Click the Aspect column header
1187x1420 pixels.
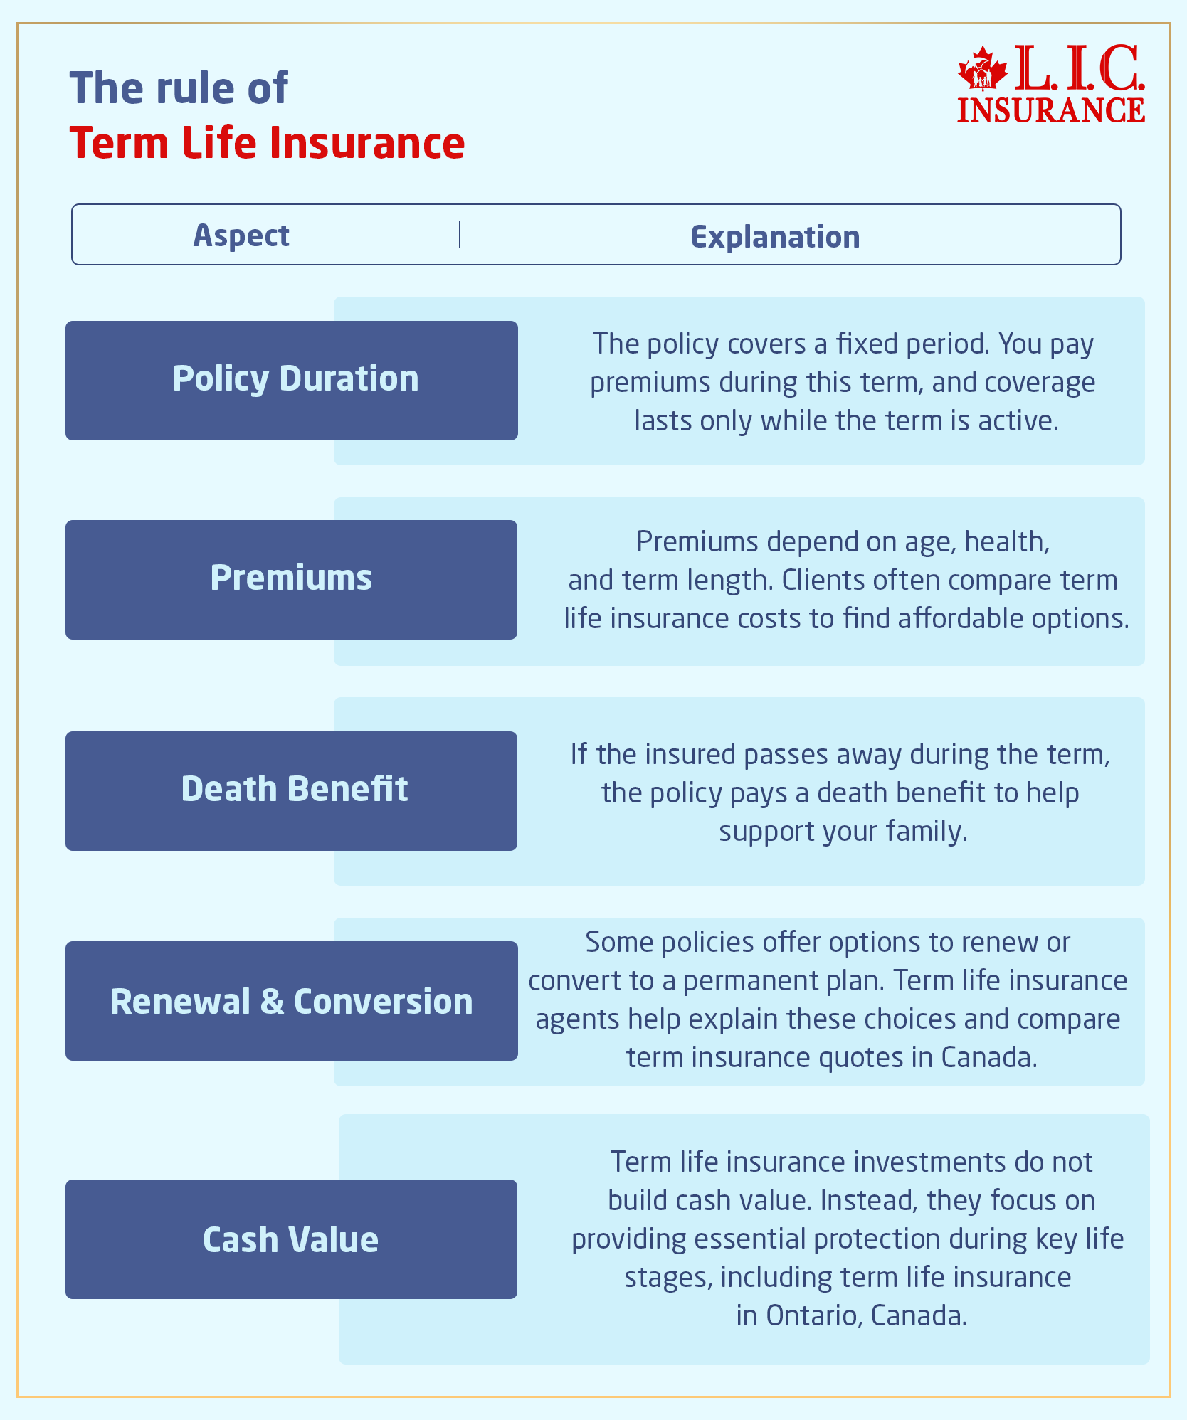pos(241,235)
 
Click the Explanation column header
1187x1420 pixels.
pos(775,237)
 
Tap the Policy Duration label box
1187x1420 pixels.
pos(292,380)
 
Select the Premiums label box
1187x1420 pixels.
pos(291,579)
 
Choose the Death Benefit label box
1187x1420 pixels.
pos(291,790)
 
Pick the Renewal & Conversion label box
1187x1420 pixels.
pos(291,1001)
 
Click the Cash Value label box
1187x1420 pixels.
pos(291,1239)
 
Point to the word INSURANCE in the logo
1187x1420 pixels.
pos(1050,110)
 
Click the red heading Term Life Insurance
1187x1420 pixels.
pos(267,143)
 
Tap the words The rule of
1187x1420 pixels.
pos(179,88)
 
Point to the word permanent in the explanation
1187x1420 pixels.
pos(744,981)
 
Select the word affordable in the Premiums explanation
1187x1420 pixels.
pos(961,618)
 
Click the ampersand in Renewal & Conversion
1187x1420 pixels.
pos(272,1002)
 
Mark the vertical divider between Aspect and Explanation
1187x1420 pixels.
pos(460,235)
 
